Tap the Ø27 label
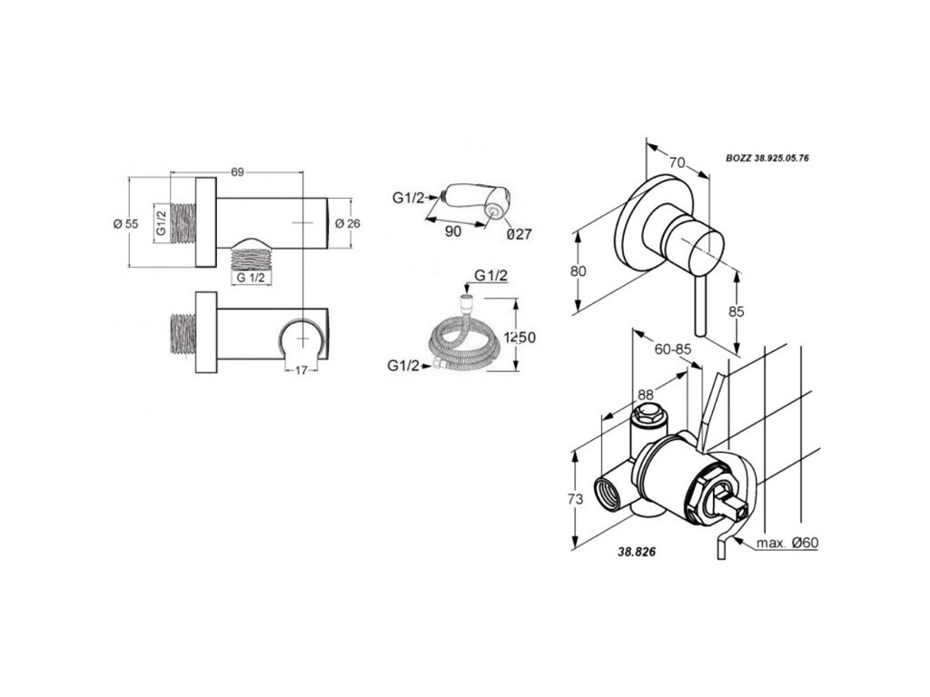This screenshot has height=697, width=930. click(519, 233)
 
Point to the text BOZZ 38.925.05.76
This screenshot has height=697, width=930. click(767, 157)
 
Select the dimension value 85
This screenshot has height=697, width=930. click(737, 311)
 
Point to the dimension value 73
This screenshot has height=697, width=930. click(574, 498)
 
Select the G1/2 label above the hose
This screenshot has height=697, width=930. click(490, 276)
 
